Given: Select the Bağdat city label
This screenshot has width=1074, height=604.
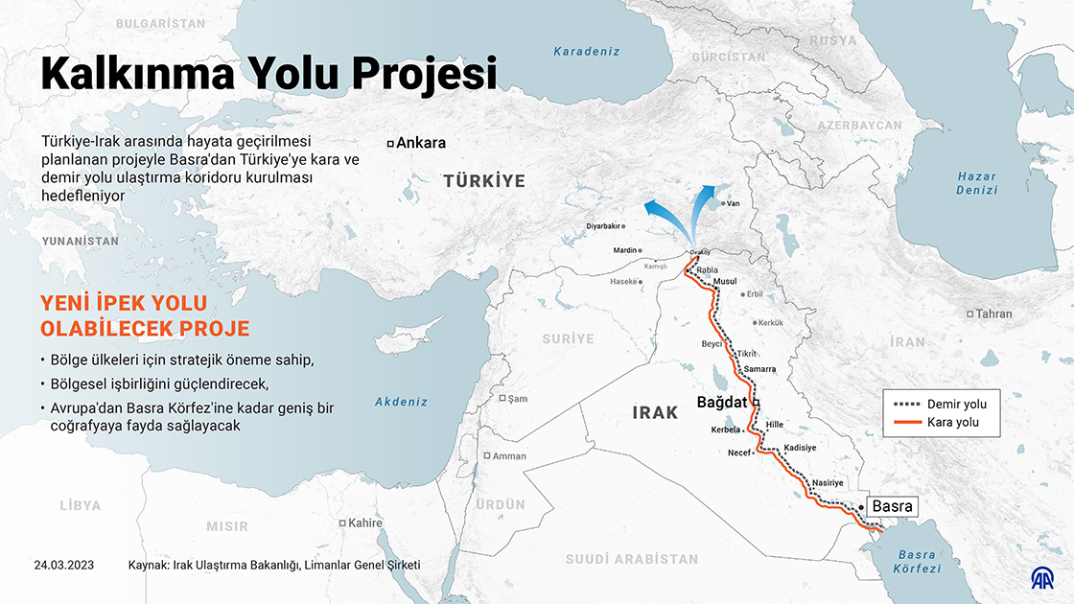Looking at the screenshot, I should click(721, 403).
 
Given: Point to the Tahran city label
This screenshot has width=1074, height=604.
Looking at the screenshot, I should click(993, 314).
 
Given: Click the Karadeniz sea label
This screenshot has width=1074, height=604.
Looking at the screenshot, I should click(587, 52).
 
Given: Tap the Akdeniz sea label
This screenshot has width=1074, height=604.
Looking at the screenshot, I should click(401, 402).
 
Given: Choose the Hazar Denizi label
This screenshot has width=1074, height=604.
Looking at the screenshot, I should click(977, 183).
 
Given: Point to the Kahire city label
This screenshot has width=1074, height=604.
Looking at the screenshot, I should click(364, 523).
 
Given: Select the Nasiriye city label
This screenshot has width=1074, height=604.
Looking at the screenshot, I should click(827, 482).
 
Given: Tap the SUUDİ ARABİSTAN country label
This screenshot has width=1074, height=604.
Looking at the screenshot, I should click(631, 559).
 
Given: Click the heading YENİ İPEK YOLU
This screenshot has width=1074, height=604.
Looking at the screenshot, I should click(124, 304).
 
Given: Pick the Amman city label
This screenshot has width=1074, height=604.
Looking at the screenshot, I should click(508, 455).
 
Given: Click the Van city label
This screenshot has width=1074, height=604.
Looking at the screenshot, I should click(734, 203).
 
